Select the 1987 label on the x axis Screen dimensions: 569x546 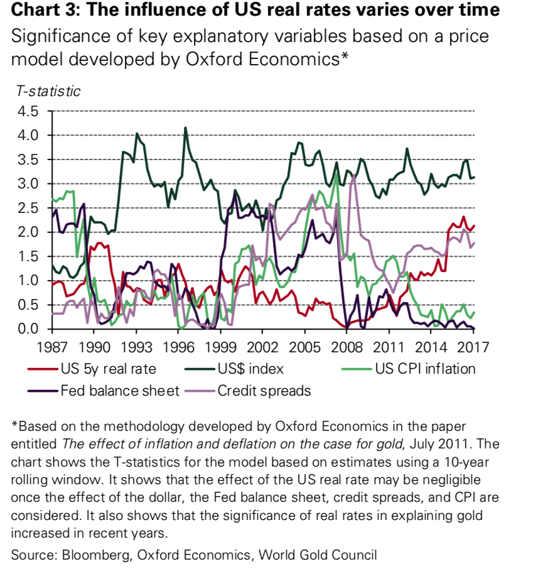click(51, 347)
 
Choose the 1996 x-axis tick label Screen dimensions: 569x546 click(178, 347)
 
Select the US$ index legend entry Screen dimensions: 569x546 click(250, 369)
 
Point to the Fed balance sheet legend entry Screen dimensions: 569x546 click(119, 391)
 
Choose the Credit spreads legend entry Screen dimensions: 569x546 click(264, 391)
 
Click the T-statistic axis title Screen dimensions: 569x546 click(48, 91)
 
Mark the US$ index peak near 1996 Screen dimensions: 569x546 click(185, 127)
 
